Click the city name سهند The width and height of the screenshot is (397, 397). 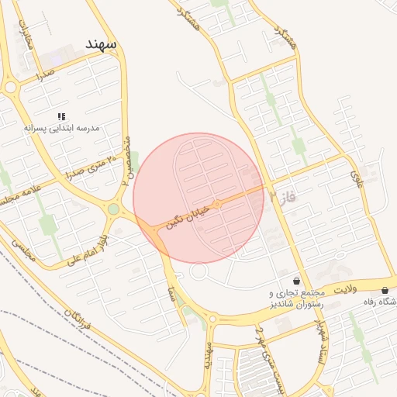(x=102, y=44)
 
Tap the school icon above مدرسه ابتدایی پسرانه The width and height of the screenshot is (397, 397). (x=61, y=116)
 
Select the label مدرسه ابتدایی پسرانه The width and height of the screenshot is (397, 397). (x=61, y=127)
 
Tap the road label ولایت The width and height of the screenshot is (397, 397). (x=343, y=289)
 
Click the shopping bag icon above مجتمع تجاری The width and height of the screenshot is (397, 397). (x=297, y=281)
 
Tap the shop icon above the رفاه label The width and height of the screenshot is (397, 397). (x=385, y=290)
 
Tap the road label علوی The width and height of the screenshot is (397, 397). (x=357, y=179)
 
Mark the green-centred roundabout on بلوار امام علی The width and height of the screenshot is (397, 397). (x=114, y=209)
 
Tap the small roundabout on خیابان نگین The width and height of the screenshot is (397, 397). (x=218, y=204)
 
